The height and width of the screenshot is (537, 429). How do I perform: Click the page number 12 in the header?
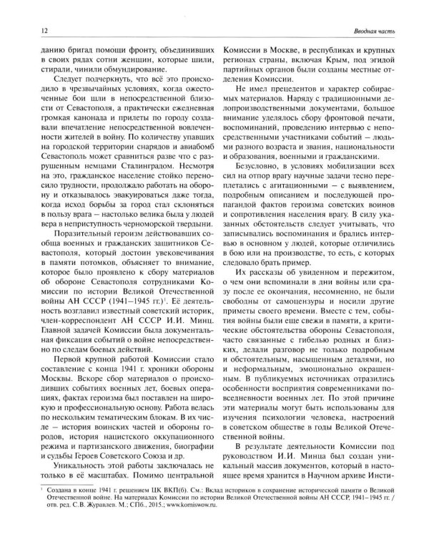pos(25,30)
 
